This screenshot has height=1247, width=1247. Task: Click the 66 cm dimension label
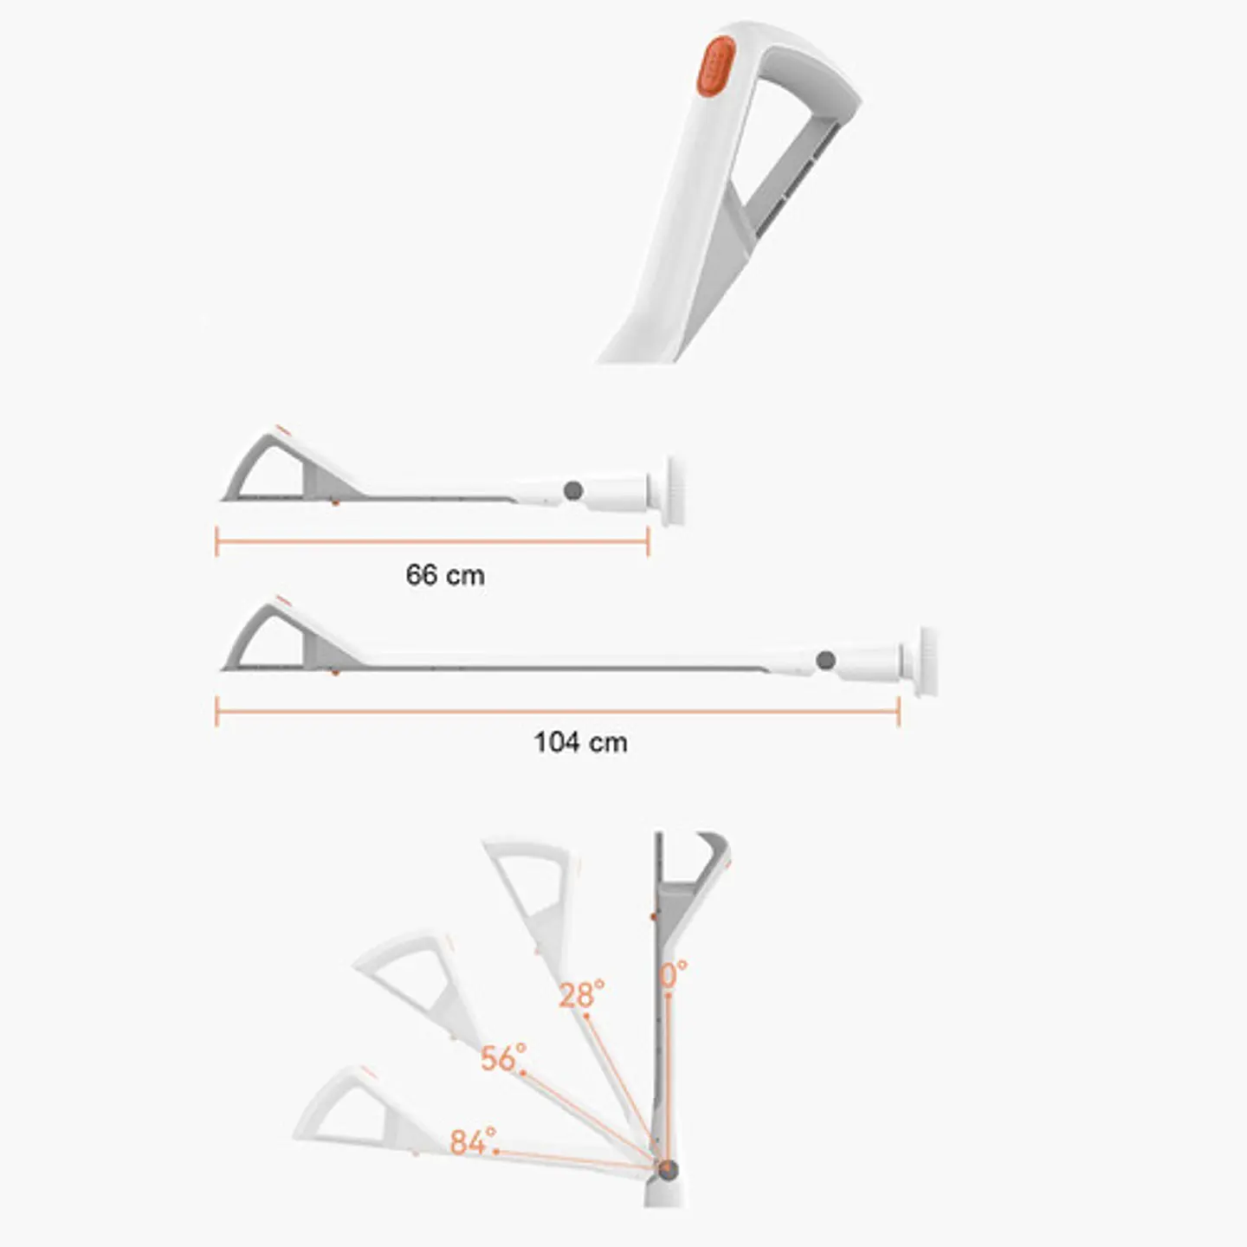(x=445, y=575)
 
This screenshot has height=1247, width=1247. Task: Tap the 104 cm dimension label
(x=580, y=742)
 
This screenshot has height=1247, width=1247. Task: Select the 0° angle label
(x=674, y=974)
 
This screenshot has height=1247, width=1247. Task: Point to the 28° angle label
(x=581, y=994)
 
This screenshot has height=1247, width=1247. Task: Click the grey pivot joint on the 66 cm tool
(x=572, y=491)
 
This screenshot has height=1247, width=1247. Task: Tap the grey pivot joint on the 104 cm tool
(x=825, y=661)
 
